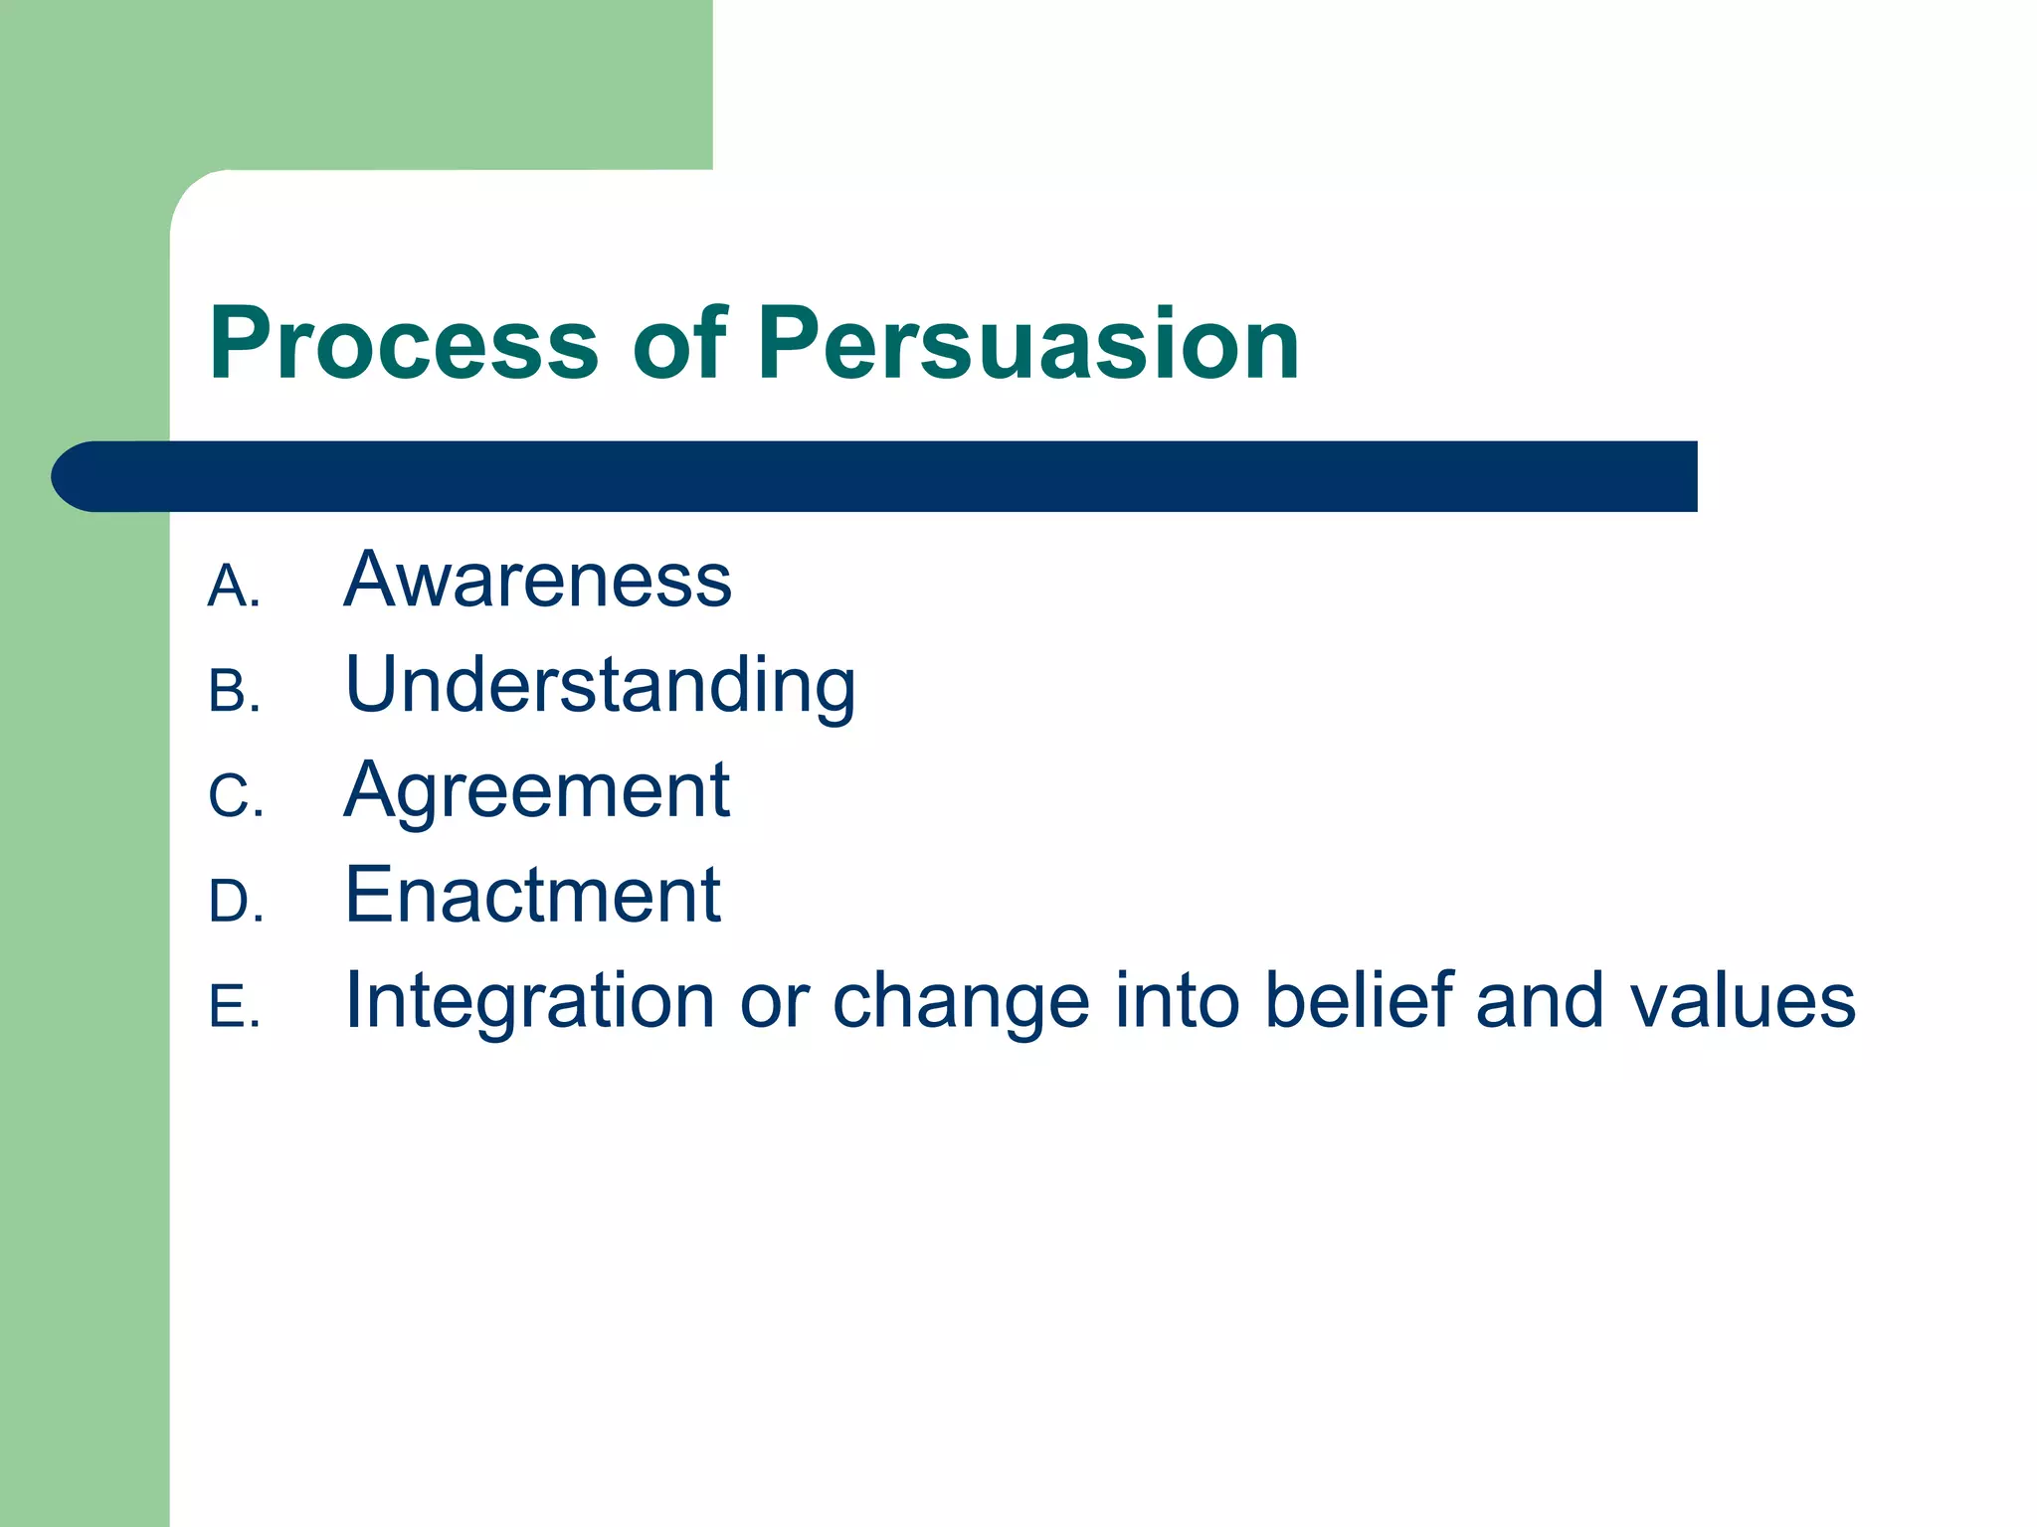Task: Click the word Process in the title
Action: click(x=403, y=343)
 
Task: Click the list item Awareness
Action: click(x=537, y=580)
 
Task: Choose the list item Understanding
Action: click(x=600, y=686)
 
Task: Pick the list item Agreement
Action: click(x=537, y=790)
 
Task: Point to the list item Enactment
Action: click(x=532, y=896)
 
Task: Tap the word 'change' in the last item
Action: click(x=960, y=1001)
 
